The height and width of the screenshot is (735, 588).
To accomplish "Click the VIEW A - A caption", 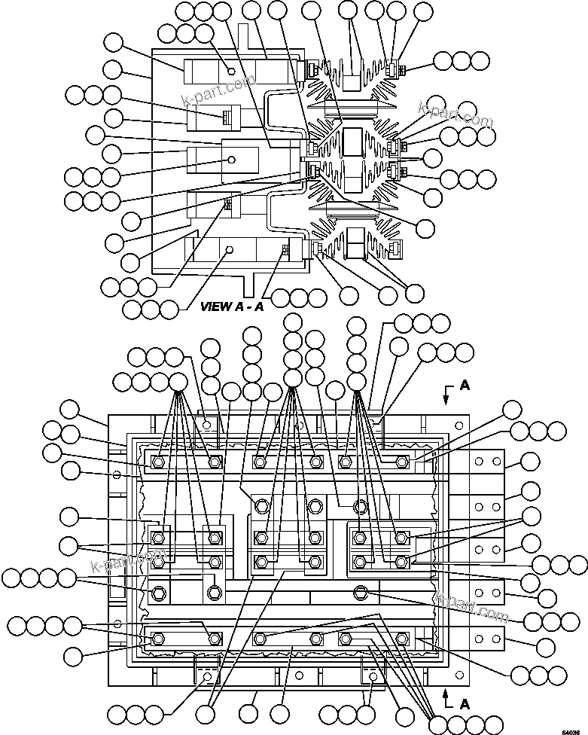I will tap(232, 306).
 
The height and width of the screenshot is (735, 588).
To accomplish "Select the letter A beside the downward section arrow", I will tap(465, 385).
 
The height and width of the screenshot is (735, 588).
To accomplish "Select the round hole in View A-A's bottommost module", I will tap(230, 250).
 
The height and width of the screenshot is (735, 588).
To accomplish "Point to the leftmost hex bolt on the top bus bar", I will tap(158, 462).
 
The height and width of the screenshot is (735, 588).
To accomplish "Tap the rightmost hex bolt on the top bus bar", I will tap(401, 461).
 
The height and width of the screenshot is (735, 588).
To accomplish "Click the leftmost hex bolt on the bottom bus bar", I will tap(158, 639).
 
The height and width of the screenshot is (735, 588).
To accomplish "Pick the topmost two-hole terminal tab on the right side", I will tap(486, 461).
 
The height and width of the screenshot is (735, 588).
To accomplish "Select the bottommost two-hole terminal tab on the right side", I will tap(486, 639).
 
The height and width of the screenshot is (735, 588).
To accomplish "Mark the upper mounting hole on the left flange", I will tap(117, 475).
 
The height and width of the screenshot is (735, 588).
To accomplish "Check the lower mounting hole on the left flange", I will tap(117, 624).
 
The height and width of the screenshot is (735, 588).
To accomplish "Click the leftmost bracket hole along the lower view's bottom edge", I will tap(206, 676).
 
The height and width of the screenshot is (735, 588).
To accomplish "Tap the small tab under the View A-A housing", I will tap(245, 287).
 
